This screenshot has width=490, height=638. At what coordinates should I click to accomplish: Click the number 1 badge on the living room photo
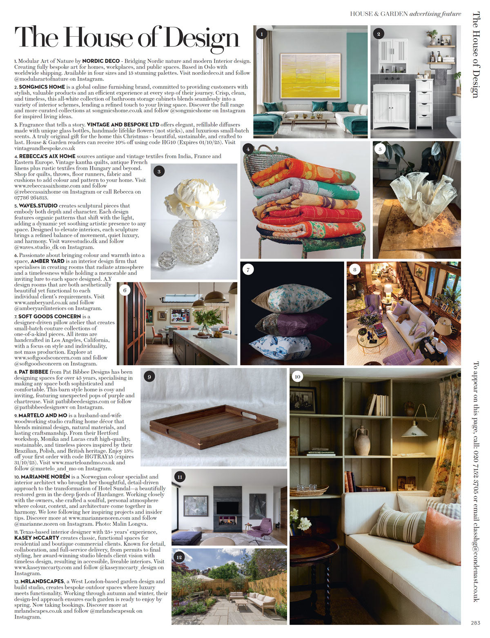262,34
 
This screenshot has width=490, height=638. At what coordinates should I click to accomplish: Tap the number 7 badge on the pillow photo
248,269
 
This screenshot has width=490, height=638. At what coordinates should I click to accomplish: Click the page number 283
475,623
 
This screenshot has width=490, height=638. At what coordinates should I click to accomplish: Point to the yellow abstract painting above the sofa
310,75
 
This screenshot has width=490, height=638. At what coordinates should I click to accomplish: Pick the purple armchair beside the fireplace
261,528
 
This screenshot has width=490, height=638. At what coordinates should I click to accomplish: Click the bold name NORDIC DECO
101,61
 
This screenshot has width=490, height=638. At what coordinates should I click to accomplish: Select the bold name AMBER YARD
45,261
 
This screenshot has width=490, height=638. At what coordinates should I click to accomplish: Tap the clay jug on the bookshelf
362,440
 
